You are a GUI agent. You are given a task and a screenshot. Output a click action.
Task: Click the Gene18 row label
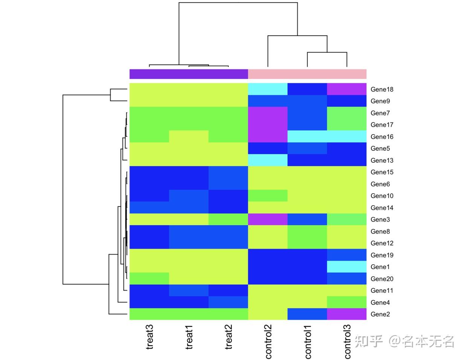click(382, 89)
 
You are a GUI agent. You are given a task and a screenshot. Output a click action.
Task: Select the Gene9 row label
click(380, 101)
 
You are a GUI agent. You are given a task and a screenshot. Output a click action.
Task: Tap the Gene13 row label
click(382, 160)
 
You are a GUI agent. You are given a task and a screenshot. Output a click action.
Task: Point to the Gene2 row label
click(380, 314)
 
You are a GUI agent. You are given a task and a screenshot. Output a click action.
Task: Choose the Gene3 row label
click(380, 220)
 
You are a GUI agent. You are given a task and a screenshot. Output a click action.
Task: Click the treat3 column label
click(150, 337)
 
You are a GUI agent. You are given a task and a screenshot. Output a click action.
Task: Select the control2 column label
click(268, 342)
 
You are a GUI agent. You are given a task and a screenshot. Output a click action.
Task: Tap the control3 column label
click(347, 342)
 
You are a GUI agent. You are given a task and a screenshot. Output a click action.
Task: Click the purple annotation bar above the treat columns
click(189, 74)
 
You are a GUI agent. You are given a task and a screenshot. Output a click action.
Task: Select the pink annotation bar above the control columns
click(307, 74)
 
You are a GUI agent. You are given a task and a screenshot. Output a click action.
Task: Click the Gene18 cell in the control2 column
click(268, 89)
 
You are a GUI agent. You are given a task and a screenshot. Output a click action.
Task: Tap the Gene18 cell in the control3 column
click(346, 89)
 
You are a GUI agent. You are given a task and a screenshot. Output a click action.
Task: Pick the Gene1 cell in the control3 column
click(346, 267)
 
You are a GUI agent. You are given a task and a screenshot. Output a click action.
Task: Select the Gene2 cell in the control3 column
click(346, 314)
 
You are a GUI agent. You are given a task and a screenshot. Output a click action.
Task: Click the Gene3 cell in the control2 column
click(268, 219)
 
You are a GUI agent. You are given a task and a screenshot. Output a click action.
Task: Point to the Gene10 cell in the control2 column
click(268, 196)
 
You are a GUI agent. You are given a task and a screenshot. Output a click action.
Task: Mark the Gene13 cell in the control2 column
click(268, 160)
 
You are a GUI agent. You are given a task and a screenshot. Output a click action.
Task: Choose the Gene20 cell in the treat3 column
click(149, 279)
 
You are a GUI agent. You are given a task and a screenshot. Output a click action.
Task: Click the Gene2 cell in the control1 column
click(307, 314)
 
